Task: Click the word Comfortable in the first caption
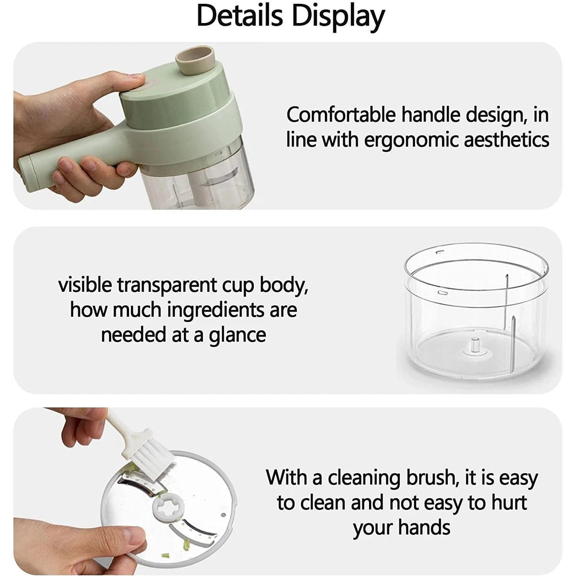(341, 115)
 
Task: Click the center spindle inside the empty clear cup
(475, 346)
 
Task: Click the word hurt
(509, 503)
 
